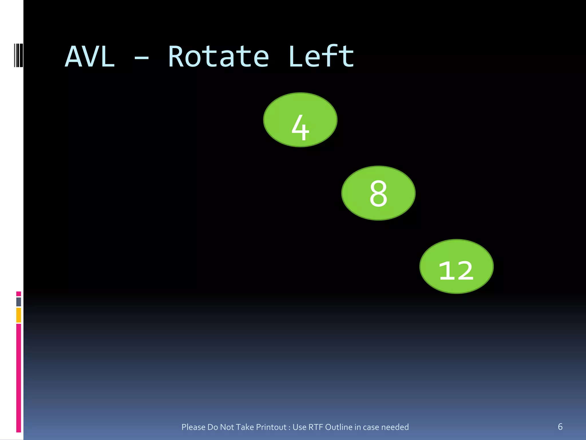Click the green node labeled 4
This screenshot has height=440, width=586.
(x=300, y=120)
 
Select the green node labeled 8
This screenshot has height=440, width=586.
(x=378, y=193)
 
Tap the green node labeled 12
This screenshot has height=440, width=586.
(x=456, y=266)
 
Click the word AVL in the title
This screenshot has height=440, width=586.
(x=90, y=57)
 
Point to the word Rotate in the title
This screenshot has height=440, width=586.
(x=218, y=57)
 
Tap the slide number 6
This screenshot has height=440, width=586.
(x=560, y=427)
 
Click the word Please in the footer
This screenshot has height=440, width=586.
(x=193, y=427)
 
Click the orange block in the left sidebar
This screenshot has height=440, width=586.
(x=19, y=315)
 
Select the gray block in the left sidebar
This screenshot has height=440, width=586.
(x=19, y=302)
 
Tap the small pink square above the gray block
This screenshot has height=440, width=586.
(x=19, y=294)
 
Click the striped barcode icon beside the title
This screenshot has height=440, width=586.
(x=18, y=55)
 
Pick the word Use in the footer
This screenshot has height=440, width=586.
(x=300, y=427)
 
